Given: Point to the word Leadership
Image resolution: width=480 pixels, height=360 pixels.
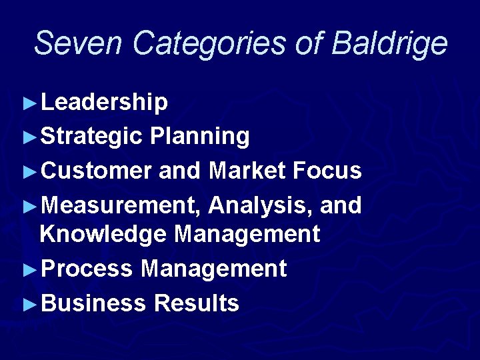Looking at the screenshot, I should coord(104,102).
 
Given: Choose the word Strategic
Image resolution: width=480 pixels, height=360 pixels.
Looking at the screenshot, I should coord(91,137).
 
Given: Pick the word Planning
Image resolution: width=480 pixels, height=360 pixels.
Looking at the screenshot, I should coord(200,137).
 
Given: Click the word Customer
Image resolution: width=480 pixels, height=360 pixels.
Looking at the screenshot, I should coord(96,171).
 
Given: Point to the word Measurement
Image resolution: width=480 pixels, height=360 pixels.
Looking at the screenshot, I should coord(121,206).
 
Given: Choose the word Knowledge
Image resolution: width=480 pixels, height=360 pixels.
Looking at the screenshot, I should coord(103,235).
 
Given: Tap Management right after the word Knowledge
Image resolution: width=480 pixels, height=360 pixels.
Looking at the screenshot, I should coord(247,235).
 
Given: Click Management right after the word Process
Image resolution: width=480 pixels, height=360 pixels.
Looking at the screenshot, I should coord(213,269).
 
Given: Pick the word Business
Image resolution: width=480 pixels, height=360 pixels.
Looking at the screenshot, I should coord(93,304).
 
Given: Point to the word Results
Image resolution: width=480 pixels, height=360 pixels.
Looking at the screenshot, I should coord(196,304).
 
